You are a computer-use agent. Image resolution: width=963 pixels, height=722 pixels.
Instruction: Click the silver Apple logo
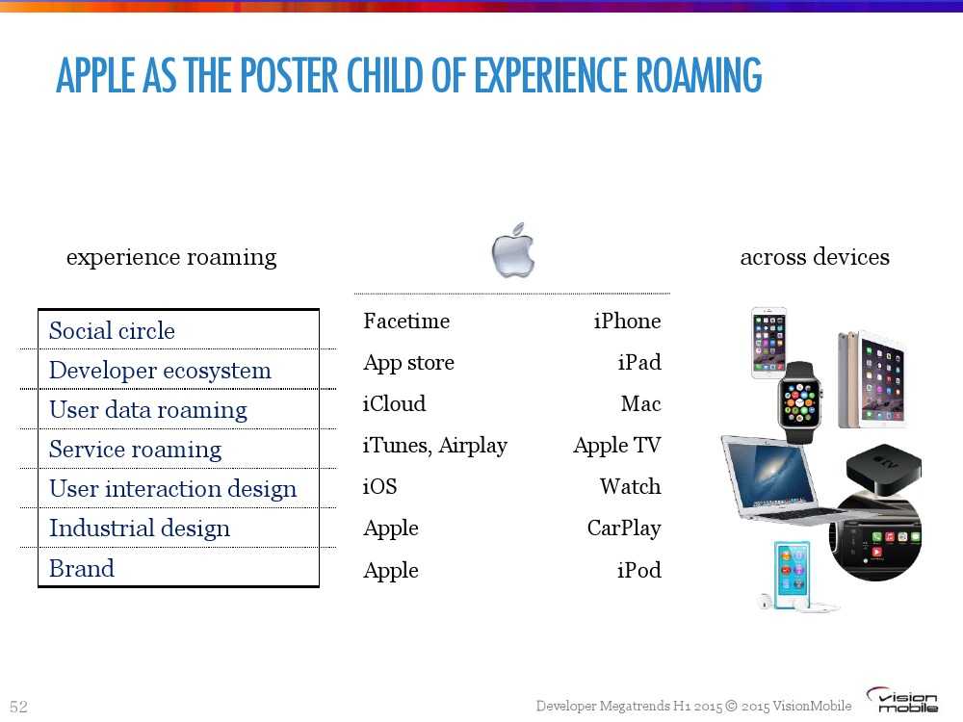[x=513, y=250]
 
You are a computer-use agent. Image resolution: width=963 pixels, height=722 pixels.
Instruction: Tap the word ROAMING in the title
[x=699, y=75]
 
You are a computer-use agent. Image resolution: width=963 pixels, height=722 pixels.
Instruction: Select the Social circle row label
[x=112, y=331]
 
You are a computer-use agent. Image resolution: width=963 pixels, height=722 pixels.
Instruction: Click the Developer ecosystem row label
[x=160, y=371]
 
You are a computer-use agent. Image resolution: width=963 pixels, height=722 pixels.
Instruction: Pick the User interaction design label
[x=172, y=489]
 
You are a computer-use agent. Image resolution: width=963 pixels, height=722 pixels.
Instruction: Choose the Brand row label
[x=82, y=569]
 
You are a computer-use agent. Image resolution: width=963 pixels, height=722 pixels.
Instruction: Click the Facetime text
[x=406, y=322]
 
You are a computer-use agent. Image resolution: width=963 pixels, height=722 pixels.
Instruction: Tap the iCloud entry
[x=394, y=404]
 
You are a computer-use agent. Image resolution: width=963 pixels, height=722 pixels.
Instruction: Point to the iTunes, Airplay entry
[x=435, y=446]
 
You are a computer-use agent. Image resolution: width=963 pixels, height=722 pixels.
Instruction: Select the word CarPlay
[x=624, y=529]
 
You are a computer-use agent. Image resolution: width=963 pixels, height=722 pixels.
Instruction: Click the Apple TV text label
[x=617, y=445]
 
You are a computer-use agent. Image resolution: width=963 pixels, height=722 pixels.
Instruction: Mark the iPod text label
[x=638, y=570]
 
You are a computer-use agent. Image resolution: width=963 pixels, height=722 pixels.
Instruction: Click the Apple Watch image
[x=799, y=402]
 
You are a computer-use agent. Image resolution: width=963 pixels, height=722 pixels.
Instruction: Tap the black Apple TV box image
[x=883, y=469]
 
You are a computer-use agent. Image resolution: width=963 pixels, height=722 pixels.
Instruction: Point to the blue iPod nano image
[x=792, y=575]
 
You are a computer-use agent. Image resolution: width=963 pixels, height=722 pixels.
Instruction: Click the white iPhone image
[x=768, y=343]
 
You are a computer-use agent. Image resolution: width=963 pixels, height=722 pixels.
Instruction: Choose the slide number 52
[x=19, y=707]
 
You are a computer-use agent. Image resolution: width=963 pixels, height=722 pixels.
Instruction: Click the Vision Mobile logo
[x=901, y=700]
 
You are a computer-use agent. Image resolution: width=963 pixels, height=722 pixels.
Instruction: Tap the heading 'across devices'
[x=815, y=257]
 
